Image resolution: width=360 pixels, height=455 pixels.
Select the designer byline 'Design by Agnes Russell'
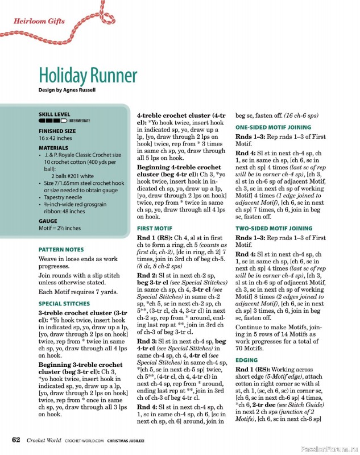[67, 90]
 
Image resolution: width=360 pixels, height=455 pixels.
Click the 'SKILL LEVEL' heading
[54, 114]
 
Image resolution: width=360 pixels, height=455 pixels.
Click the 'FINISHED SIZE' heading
[57, 131]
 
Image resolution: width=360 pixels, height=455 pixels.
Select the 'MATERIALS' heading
[53, 147]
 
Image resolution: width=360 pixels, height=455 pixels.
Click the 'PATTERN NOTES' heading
[61, 249]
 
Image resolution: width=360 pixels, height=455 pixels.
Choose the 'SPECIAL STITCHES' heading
[65, 304]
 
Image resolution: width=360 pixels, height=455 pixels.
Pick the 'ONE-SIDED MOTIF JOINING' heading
[273, 127]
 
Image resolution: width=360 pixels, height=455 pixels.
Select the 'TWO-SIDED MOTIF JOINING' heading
[274, 228]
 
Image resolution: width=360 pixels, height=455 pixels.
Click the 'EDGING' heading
[246, 360]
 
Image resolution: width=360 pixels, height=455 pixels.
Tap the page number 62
[16, 440]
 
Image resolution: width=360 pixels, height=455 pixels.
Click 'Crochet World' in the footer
[43, 440]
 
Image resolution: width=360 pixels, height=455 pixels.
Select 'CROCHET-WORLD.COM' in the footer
[84, 440]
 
